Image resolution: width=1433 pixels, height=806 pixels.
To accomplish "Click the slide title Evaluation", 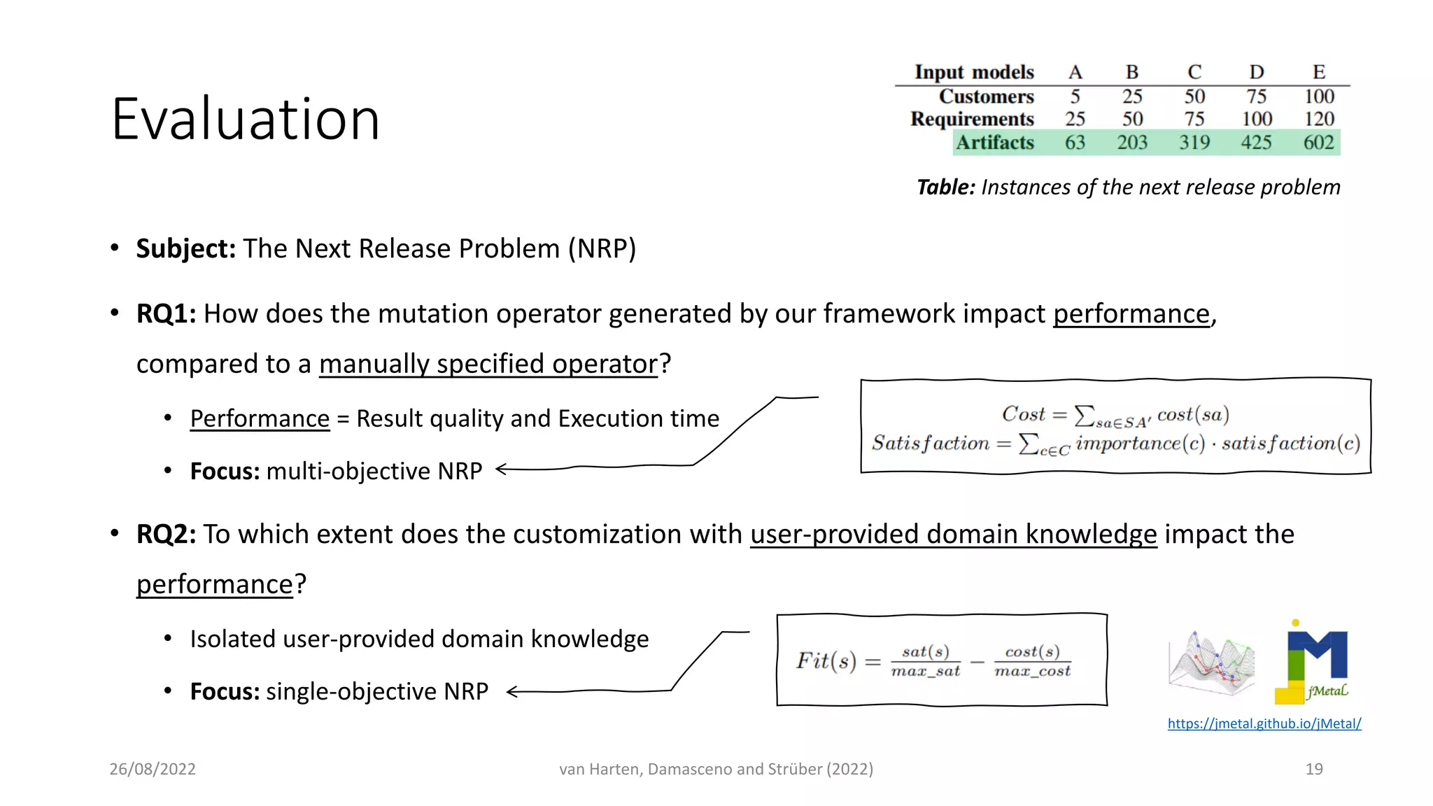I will pyautogui.click(x=245, y=119).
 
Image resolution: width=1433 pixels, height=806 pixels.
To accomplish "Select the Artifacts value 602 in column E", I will pyautogui.click(x=1318, y=143).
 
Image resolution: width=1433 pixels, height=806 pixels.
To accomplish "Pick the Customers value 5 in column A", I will pyautogui.click(x=1075, y=97).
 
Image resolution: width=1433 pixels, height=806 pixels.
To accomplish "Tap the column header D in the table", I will pyautogui.click(x=1257, y=72).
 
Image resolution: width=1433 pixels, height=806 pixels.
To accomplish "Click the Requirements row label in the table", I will pyautogui.click(x=972, y=119).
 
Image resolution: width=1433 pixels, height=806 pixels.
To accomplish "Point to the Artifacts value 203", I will pyautogui.click(x=1131, y=143).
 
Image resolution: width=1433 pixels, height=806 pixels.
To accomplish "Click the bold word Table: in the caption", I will pyautogui.click(x=945, y=188).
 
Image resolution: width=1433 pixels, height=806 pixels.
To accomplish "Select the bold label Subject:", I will pyautogui.click(x=185, y=249).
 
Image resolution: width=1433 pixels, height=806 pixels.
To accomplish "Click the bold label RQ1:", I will pyautogui.click(x=166, y=314).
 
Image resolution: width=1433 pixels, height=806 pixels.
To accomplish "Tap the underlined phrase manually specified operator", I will pyautogui.click(x=488, y=365).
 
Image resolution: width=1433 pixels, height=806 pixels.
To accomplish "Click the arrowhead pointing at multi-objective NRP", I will pyautogui.click(x=501, y=469).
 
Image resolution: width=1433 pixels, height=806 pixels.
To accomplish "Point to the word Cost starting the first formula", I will pyautogui.click(x=1023, y=414).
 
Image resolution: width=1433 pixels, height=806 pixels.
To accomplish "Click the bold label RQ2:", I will pyautogui.click(x=166, y=535).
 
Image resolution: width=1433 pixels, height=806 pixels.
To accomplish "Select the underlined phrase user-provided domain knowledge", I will pyautogui.click(x=953, y=535).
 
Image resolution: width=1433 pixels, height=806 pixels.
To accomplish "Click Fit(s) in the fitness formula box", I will pyautogui.click(x=826, y=660).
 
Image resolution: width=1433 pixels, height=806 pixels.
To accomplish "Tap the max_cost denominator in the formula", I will pyautogui.click(x=1032, y=672).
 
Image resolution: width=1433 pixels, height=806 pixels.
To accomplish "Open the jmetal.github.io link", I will pyautogui.click(x=1264, y=723).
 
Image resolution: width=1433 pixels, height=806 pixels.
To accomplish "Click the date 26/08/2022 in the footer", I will pyautogui.click(x=153, y=769).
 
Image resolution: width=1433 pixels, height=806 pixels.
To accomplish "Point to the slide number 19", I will pyautogui.click(x=1313, y=769).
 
